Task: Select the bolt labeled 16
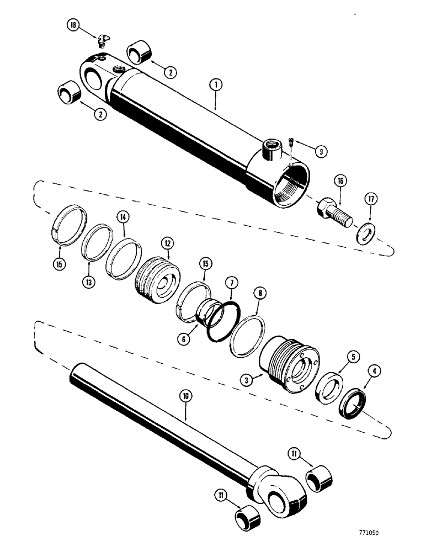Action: pos(332,209)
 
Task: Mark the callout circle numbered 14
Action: pos(123,218)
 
